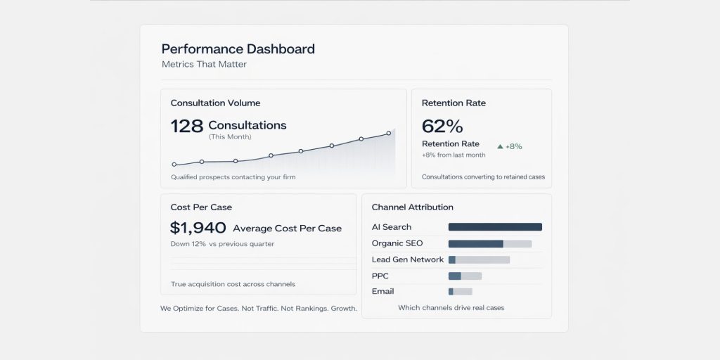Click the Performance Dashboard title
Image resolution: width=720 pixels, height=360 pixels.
238,49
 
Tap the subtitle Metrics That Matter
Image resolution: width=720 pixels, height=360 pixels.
204,65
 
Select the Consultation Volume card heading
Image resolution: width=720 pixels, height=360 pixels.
215,103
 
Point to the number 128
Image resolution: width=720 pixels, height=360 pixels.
186,126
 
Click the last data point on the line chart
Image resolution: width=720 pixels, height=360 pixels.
389,133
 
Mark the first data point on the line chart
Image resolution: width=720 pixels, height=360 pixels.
174,165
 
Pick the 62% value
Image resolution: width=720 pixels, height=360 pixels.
442,127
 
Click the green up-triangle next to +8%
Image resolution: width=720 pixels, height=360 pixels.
500,147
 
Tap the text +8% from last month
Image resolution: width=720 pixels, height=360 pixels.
454,155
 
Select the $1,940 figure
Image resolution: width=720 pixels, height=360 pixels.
198,228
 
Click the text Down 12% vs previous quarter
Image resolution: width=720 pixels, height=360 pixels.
222,244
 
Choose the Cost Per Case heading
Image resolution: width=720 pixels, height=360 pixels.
201,207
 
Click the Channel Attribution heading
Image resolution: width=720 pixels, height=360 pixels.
412,207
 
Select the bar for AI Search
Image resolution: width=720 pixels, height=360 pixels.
495,227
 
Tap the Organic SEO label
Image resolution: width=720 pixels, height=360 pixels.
397,243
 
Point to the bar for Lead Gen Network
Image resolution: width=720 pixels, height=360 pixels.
479,259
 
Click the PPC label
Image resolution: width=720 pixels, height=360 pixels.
380,276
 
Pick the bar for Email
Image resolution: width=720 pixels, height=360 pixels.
460,292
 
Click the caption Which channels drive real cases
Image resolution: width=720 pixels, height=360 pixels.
451,308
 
